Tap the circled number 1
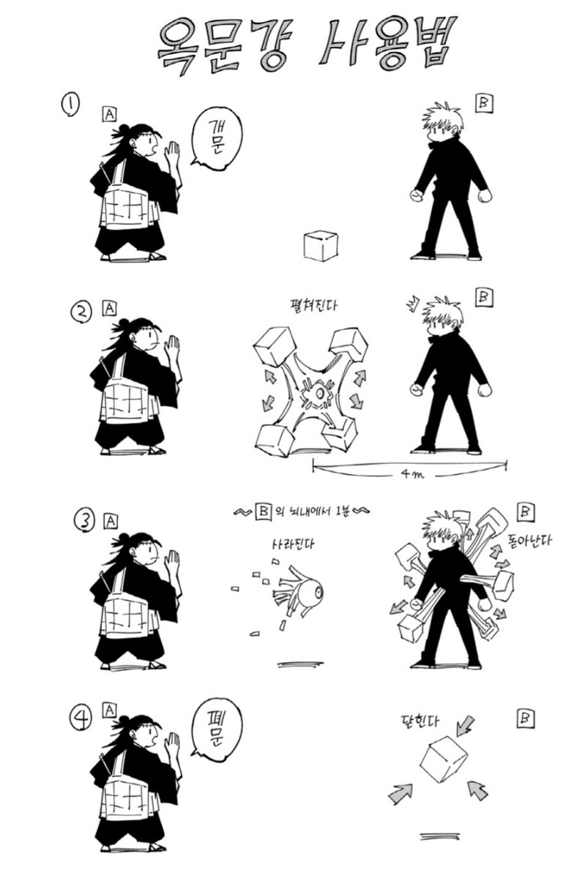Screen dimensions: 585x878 70,105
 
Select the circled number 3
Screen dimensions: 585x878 84,520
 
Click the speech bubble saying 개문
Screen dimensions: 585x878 216,138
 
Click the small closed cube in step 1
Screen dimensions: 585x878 321,245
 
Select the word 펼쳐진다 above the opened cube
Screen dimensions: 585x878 312,305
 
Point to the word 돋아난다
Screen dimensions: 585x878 529,539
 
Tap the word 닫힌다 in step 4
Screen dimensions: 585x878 418,721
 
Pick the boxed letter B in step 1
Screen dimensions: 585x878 484,103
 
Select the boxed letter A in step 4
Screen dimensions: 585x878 110,710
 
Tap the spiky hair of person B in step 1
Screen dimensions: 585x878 442,116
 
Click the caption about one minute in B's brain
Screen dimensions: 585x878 302,512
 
